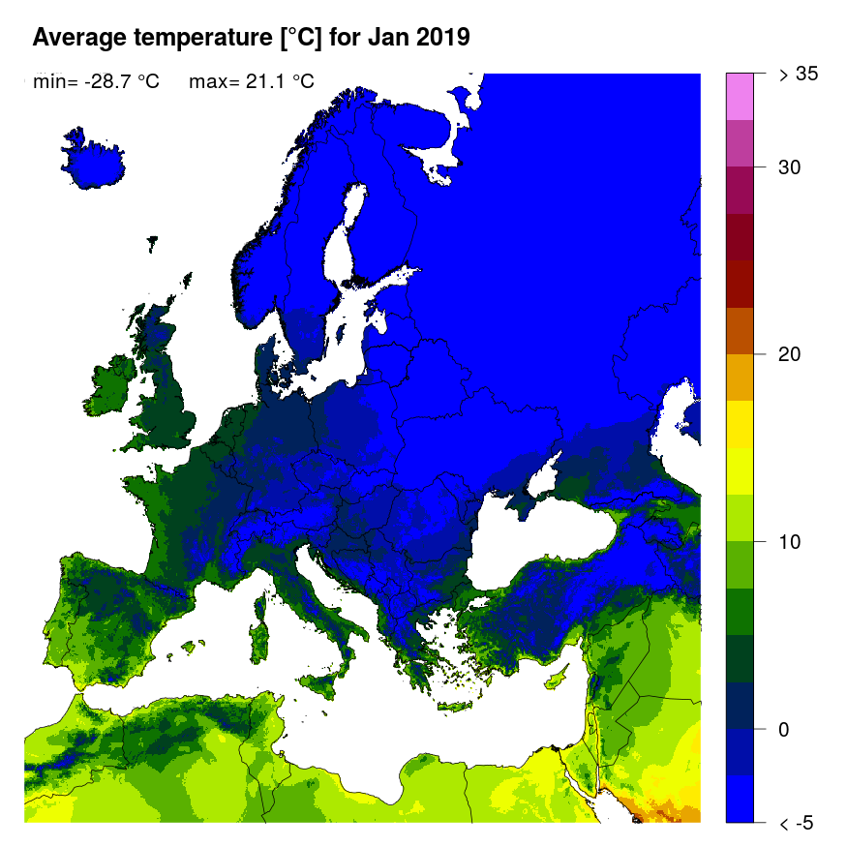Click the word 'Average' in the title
80,39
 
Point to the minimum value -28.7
104,82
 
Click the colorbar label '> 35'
800,74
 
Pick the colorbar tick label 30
790,167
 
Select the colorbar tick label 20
790,354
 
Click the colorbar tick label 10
790,541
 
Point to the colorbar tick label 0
784,729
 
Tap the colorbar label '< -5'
797,823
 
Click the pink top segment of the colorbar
740,96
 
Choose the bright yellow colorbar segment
740,424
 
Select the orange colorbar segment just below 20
740,378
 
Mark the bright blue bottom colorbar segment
740,799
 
